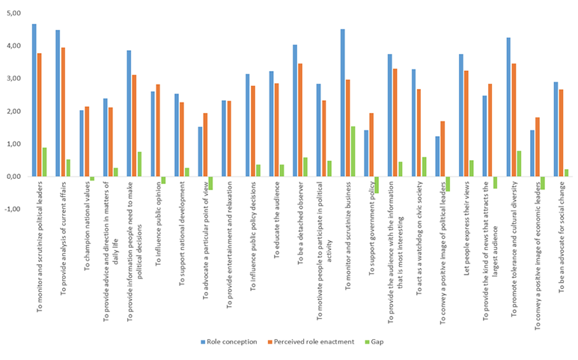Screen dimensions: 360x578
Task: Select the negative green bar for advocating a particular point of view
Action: click(211, 183)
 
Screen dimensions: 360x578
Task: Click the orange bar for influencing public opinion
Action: click(159, 130)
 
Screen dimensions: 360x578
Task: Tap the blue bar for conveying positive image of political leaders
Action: click(437, 156)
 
